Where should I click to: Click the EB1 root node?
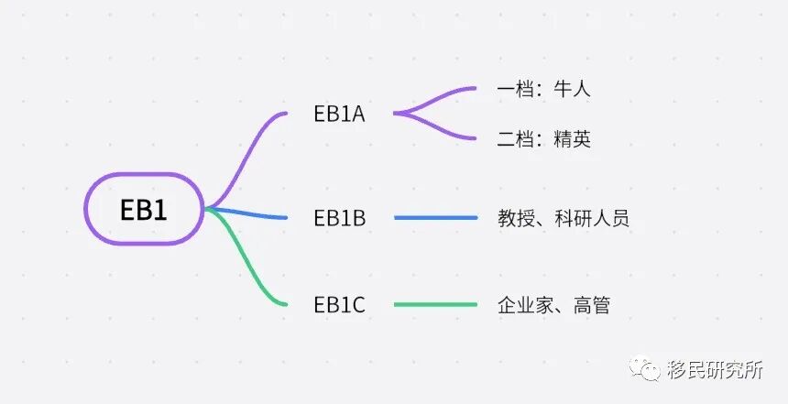(x=144, y=209)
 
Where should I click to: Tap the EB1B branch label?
(x=339, y=218)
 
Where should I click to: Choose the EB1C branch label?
(x=339, y=305)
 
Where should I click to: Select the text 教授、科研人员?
(x=564, y=218)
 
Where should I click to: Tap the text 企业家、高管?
(x=553, y=305)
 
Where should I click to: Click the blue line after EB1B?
(x=435, y=218)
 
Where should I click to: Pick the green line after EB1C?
(x=435, y=305)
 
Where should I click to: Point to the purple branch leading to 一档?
(x=440, y=95)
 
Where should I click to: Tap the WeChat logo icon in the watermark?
(x=651, y=370)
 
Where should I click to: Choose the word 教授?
(x=516, y=218)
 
